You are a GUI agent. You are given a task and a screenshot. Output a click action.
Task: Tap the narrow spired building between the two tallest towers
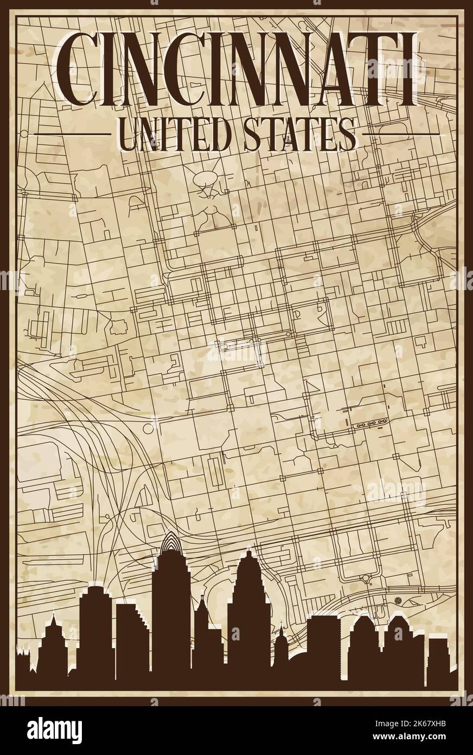pos(201,625)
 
